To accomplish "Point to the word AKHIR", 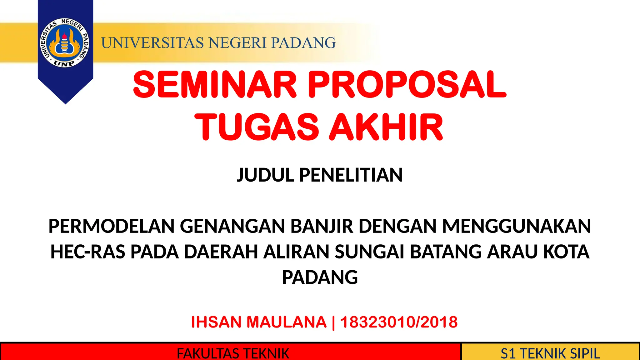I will tap(386, 127).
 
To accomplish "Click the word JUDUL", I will tap(265, 175).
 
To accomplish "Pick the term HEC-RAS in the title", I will tap(88, 252).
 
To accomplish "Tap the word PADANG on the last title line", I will tap(320, 277).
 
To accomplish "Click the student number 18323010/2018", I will tap(399, 322).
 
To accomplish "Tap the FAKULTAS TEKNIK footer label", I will tap(233, 353).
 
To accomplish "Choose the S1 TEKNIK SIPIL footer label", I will tap(550, 353).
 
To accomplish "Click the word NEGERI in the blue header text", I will tap(237, 43).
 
